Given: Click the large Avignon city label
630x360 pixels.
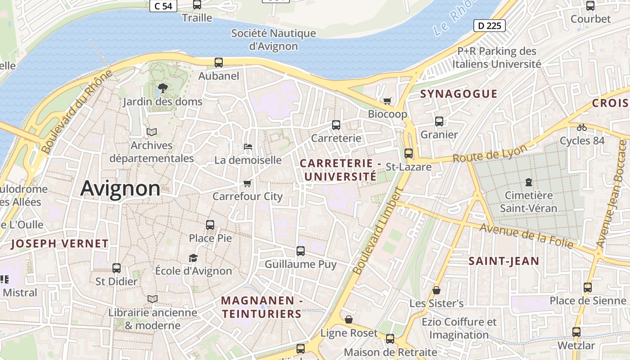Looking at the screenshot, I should [120, 189].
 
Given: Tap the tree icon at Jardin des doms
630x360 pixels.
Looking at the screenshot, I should [163, 88].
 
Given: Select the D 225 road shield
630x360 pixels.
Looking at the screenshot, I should [490, 26].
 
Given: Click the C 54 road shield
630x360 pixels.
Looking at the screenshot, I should [163, 6].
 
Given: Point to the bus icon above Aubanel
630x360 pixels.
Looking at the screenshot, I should [219, 63].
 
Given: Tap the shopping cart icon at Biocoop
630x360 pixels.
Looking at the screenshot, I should [387, 101].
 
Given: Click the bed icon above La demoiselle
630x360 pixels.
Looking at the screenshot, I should [247, 147].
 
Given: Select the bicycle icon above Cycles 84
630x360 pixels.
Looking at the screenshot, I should [582, 127].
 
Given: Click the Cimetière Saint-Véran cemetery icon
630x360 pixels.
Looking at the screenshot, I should [528, 182].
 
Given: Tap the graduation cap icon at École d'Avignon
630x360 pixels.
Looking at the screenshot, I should [193, 258].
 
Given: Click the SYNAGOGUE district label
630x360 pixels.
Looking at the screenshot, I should [459, 94].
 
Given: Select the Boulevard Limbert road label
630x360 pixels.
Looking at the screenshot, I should [377, 232].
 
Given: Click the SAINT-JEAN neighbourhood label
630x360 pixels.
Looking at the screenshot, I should [504, 261].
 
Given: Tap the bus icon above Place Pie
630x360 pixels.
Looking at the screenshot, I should [210, 225].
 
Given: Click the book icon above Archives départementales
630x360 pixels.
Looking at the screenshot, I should [152, 132].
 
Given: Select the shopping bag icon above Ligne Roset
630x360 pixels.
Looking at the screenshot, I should [349, 320].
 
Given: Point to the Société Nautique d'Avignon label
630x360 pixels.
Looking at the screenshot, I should [274, 40].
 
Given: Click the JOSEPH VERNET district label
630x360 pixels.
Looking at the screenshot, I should [59, 244].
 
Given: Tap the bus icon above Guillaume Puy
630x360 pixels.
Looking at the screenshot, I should [301, 251].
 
